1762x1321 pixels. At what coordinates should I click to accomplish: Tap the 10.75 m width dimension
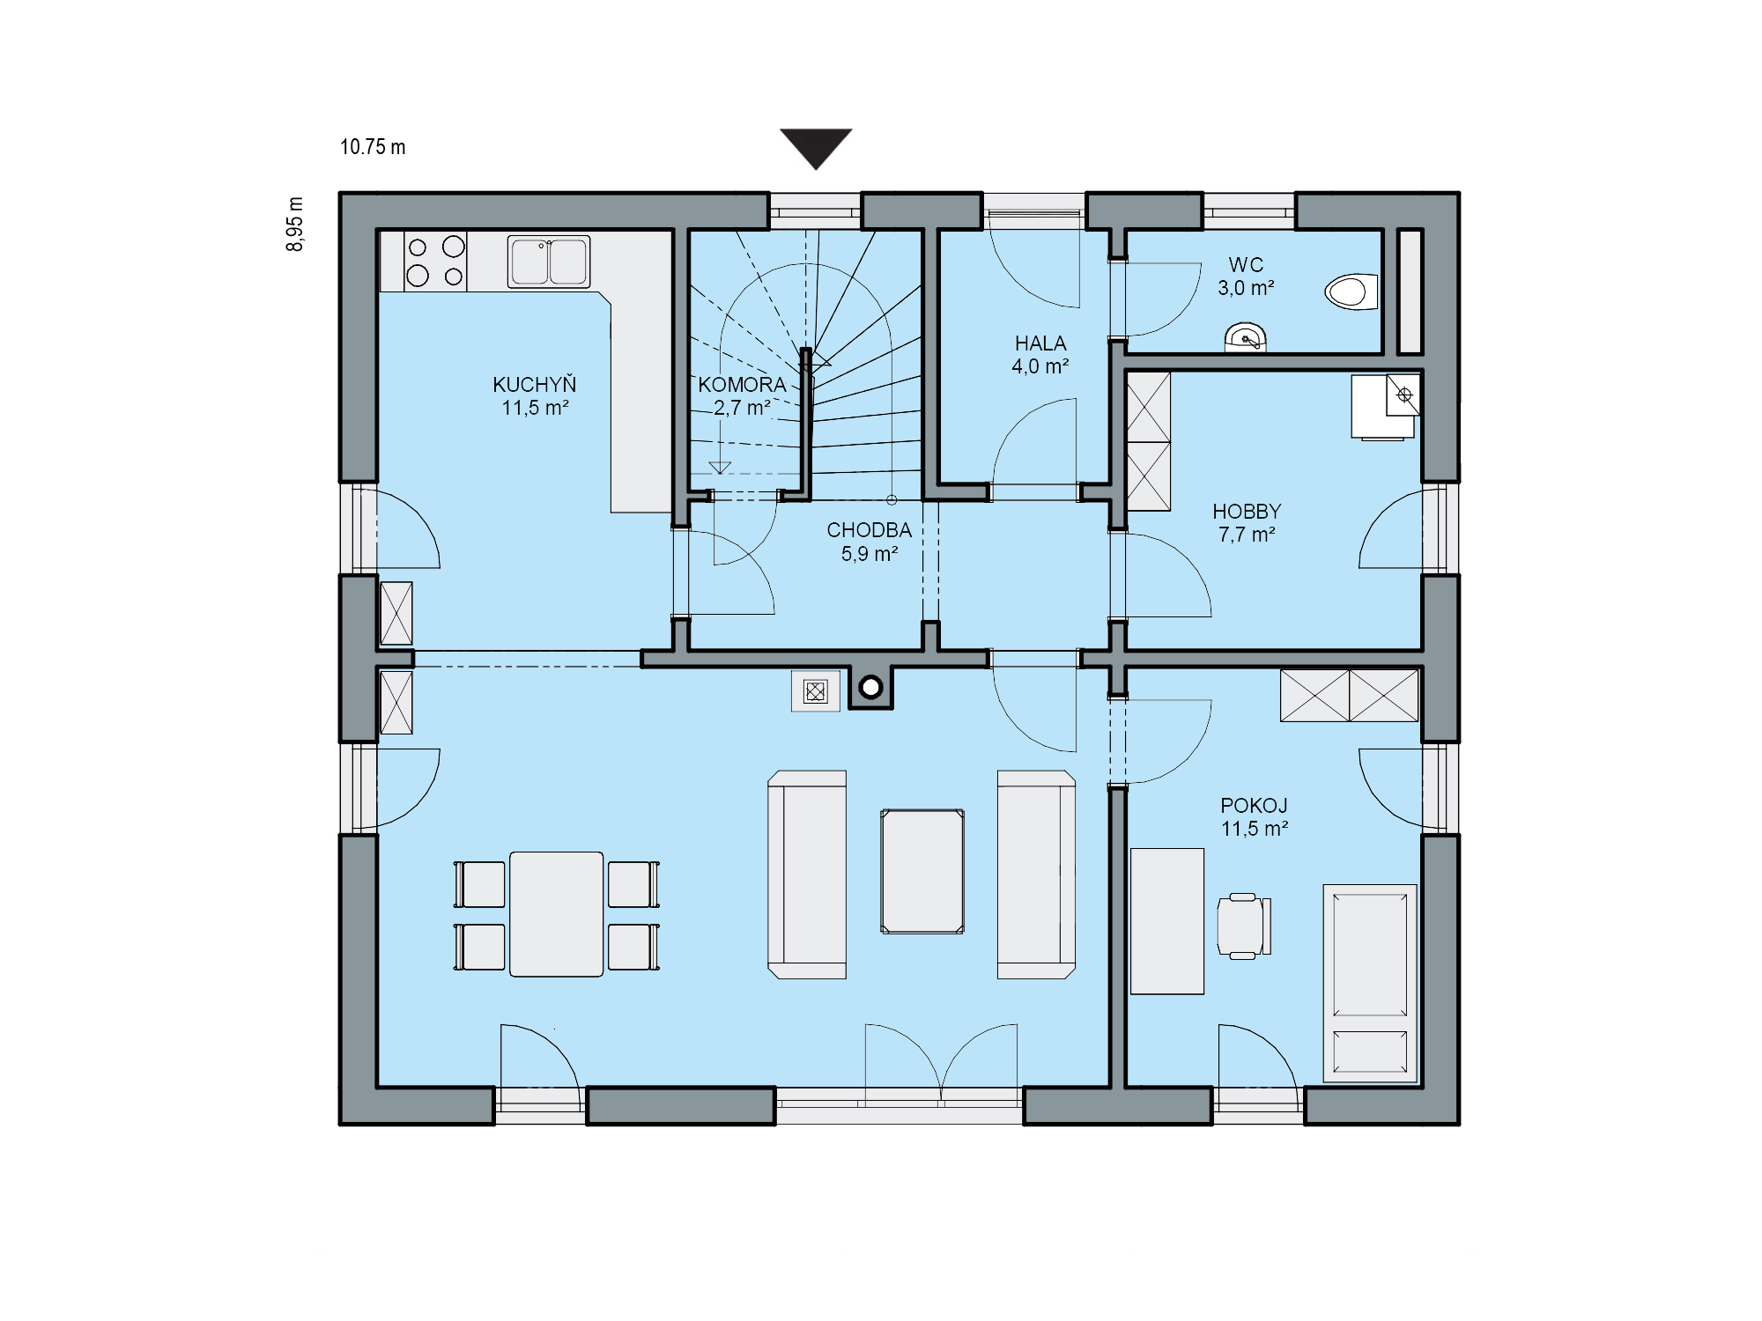(x=373, y=147)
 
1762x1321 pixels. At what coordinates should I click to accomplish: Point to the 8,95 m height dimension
(x=295, y=224)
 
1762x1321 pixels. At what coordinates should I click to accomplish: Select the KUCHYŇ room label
(x=535, y=385)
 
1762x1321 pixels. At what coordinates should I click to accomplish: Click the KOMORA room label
(x=742, y=385)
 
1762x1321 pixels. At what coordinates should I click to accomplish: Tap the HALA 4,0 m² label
(x=1040, y=355)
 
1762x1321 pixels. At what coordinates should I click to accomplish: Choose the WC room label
(x=1246, y=265)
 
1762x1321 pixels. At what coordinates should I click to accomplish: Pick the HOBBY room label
(x=1247, y=512)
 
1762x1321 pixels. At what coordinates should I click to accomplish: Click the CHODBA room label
(x=869, y=530)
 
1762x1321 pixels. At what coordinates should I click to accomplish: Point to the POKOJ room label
(x=1254, y=806)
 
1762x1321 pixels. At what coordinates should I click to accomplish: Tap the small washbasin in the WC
(x=1246, y=338)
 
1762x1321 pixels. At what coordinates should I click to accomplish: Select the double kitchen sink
(x=549, y=262)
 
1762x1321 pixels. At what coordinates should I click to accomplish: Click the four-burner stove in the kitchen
(x=435, y=261)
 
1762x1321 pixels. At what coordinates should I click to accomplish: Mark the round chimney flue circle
(x=871, y=687)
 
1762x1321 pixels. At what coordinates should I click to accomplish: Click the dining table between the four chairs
(x=557, y=914)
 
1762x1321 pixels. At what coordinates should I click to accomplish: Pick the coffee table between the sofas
(x=922, y=871)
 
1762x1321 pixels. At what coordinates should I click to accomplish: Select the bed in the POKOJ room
(x=1370, y=983)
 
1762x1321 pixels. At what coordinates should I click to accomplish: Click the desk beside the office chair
(x=1167, y=921)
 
